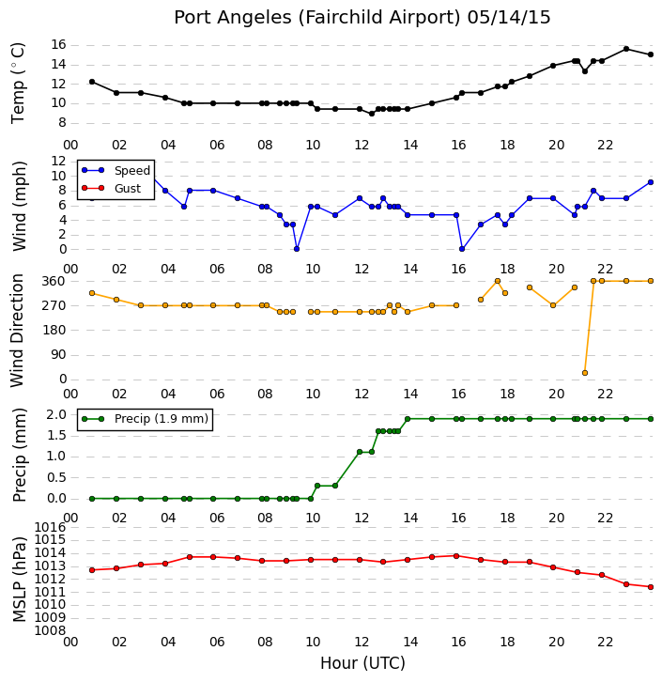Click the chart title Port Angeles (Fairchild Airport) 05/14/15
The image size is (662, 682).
point(362,18)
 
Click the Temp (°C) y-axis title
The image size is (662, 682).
point(18,83)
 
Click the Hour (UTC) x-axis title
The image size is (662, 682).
point(362,663)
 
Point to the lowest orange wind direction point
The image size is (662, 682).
point(585,373)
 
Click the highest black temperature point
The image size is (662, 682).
point(626,49)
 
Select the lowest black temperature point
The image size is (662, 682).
point(372,114)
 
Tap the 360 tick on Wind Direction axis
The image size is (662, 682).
point(54,282)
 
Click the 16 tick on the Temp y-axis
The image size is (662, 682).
point(58,45)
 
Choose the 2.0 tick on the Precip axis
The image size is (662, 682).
point(56,414)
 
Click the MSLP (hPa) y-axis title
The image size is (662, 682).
point(19,579)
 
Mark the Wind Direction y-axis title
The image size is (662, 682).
point(17,331)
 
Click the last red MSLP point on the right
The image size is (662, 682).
point(651,587)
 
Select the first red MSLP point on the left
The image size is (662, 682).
point(92,570)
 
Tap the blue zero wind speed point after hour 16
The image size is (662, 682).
point(462,249)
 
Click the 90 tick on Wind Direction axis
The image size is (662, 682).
point(58,355)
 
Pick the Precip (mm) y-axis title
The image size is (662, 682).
point(19,456)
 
